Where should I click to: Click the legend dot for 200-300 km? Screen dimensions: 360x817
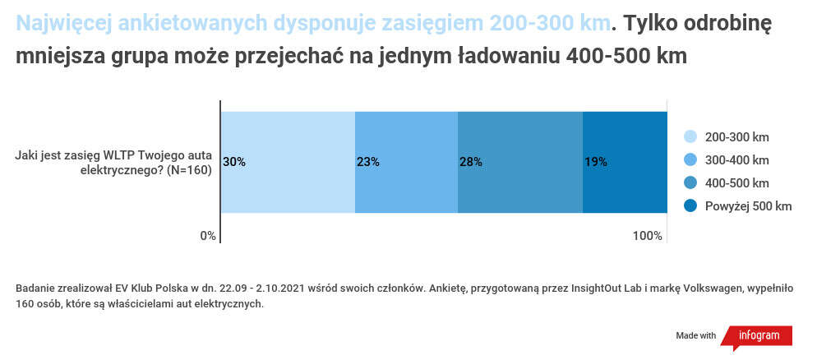pyautogui.click(x=690, y=137)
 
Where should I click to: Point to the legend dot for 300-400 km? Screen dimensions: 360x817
pyautogui.click(x=690, y=159)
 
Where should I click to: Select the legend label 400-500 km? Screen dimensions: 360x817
pyautogui.click(x=736, y=182)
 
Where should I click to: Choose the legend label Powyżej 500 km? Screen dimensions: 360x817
pyautogui.click(x=748, y=205)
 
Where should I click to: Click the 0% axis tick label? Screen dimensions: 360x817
pyautogui.click(x=208, y=236)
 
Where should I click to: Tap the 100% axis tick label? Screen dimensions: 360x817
pyautogui.click(x=648, y=236)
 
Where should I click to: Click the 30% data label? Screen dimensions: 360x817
pyautogui.click(x=234, y=162)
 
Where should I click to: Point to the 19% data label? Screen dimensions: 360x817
pyautogui.click(x=595, y=162)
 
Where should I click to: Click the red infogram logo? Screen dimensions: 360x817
pyautogui.click(x=759, y=336)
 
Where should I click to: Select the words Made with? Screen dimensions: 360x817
pyautogui.click(x=695, y=336)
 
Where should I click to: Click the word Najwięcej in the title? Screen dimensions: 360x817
pyautogui.click(x=60, y=24)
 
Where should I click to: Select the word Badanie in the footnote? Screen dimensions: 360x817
pyautogui.click(x=36, y=288)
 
